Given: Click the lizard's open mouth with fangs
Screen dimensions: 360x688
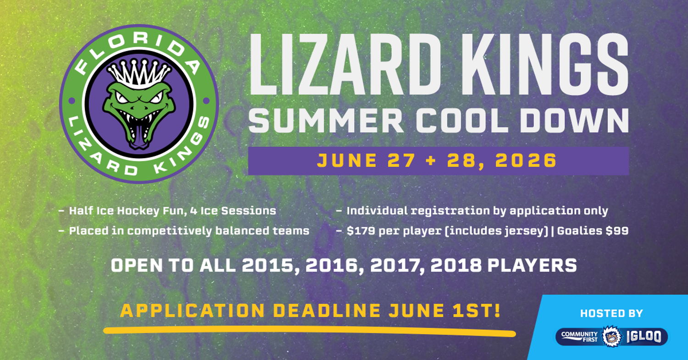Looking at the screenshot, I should [x=139, y=123].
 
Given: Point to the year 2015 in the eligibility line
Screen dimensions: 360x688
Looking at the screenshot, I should [x=270, y=266].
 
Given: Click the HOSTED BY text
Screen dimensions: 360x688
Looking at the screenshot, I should [x=611, y=314].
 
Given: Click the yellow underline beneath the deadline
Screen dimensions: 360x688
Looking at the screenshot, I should [x=309, y=330].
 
